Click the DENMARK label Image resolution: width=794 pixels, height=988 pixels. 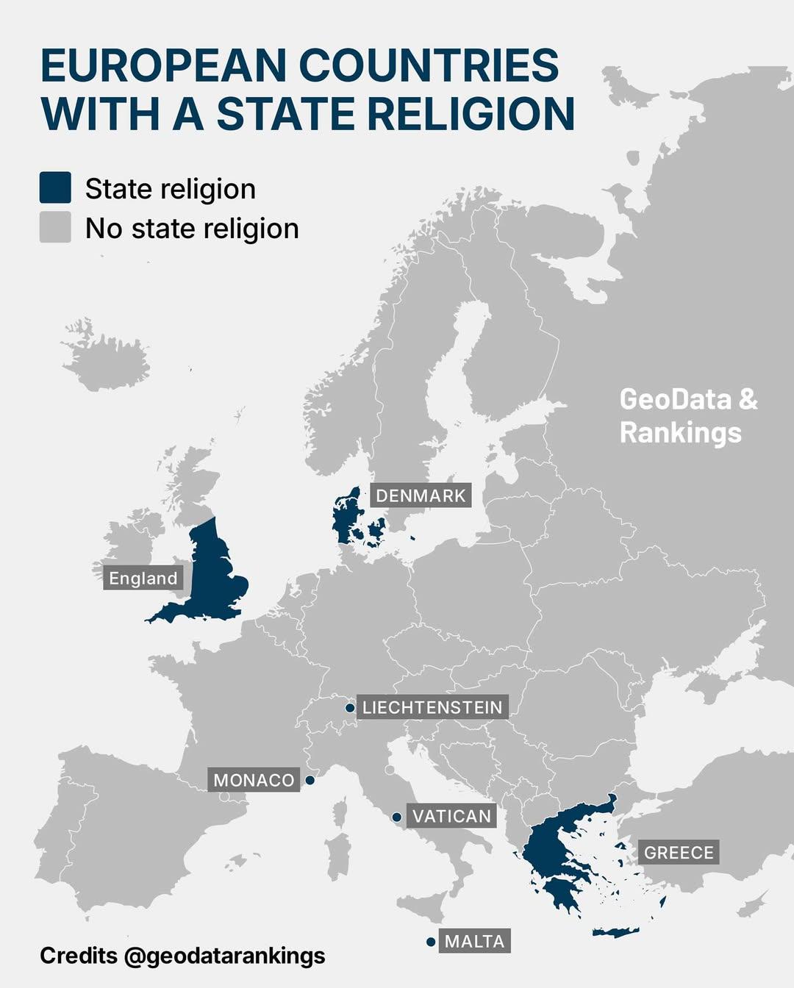coord(421,496)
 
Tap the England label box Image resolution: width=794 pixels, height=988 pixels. coord(143,579)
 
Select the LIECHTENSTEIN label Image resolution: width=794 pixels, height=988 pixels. coord(432,707)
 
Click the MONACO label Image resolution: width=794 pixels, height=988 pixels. coord(254,780)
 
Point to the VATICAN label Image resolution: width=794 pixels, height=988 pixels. coord(451,816)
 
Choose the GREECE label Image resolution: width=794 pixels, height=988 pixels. coord(679,853)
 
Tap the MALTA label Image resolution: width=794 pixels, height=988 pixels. coord(474,941)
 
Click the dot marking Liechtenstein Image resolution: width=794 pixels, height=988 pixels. coord(350,708)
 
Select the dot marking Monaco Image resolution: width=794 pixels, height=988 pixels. coord(310,780)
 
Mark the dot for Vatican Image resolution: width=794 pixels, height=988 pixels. coord(396,817)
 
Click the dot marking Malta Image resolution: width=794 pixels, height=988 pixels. coord(431,942)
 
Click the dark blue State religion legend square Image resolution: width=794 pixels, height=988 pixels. coord(55,187)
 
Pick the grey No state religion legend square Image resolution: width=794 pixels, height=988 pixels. coord(55,227)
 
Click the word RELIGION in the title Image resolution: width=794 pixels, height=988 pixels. coord(471,114)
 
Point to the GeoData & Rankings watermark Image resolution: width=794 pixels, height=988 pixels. coord(687,415)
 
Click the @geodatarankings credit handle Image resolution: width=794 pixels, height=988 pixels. coord(224,956)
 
